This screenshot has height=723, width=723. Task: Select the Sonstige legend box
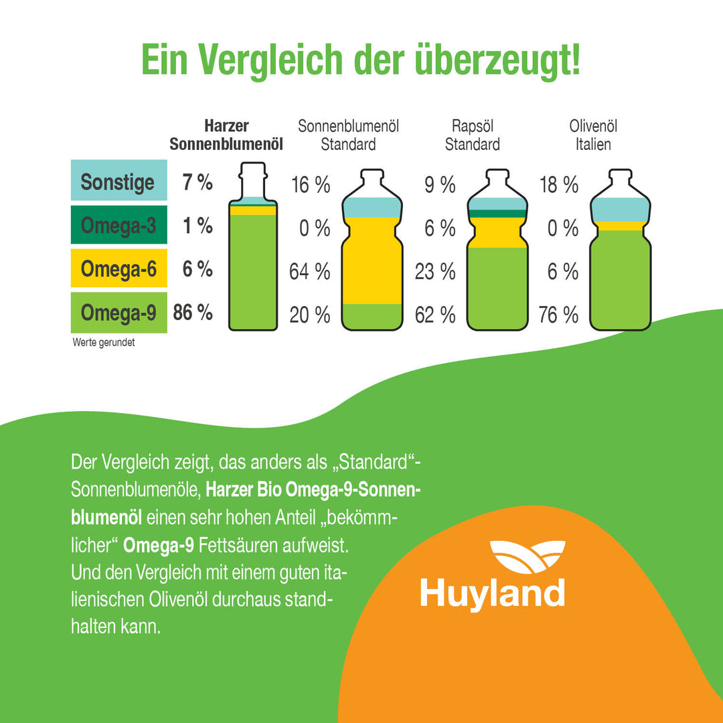[118, 181]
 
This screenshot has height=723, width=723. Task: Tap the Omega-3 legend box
[118, 226]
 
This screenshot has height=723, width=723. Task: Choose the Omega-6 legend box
[118, 269]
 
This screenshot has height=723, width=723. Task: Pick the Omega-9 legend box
[118, 313]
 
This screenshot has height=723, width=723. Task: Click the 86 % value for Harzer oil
[193, 313]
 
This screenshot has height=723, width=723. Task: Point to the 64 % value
[309, 272]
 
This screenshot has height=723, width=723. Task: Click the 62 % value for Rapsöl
[435, 315]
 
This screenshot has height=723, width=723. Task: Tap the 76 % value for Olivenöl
[558, 315]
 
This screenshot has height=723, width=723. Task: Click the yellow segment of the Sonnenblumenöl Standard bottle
[372, 261]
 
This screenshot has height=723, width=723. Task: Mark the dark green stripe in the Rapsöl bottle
[496, 214]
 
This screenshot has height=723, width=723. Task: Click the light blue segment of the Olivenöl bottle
[620, 210]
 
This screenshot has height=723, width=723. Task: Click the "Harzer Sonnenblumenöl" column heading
[226, 135]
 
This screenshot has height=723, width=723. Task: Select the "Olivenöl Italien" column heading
[593, 135]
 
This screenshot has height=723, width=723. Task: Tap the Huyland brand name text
[492, 594]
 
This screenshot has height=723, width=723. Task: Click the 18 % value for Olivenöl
[558, 185]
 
